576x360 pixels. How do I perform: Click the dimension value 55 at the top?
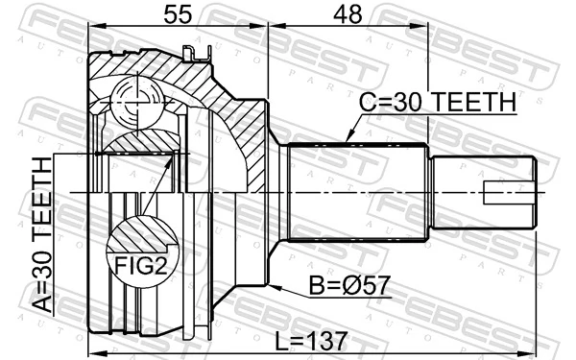(x=177, y=15)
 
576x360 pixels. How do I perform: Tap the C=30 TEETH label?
(x=438, y=102)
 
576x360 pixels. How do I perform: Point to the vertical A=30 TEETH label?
(x=43, y=235)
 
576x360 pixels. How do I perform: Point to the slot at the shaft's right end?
(x=509, y=200)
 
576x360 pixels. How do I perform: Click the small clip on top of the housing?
(x=200, y=55)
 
